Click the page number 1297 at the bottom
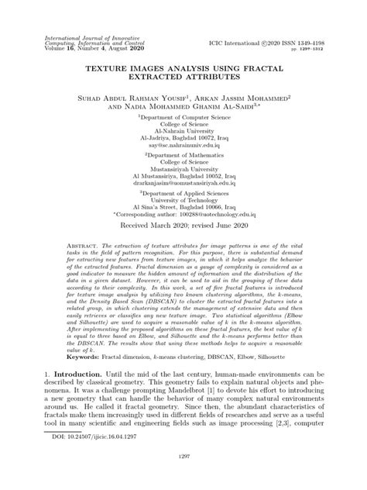click(183, 478)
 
